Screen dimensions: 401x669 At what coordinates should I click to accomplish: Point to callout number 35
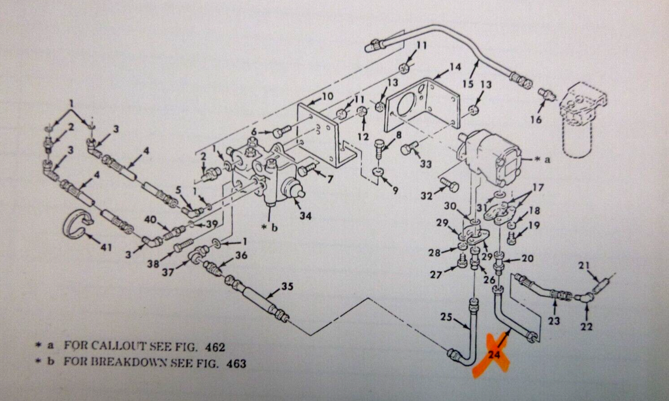288,286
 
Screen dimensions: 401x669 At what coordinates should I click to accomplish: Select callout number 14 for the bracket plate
455,67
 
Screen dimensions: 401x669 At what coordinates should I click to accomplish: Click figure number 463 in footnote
236,364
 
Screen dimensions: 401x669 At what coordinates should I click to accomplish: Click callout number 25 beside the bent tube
446,317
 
